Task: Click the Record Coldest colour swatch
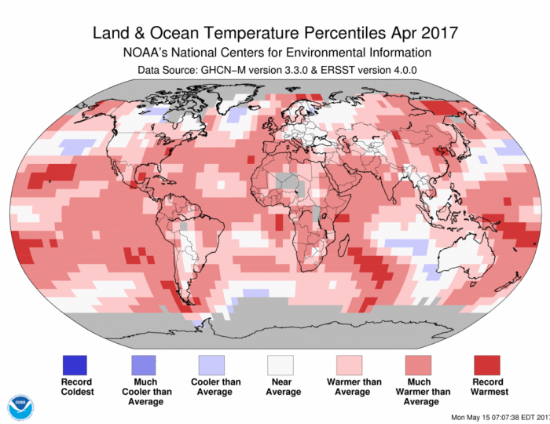click(x=75, y=364)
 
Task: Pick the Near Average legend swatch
click(x=280, y=364)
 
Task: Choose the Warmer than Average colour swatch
click(x=350, y=364)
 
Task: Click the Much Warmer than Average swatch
click(x=418, y=364)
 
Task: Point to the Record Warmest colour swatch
click(x=487, y=364)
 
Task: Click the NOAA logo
click(x=21, y=407)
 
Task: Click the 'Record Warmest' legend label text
click(x=487, y=386)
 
